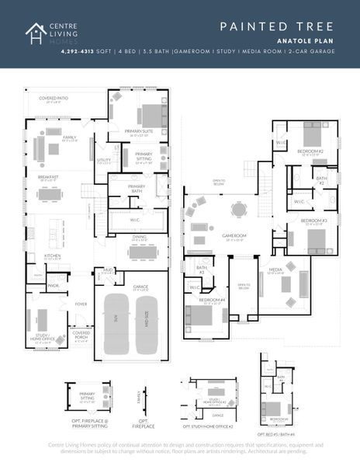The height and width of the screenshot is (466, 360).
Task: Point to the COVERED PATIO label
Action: coord(54,99)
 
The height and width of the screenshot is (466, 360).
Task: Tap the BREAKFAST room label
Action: coord(49,177)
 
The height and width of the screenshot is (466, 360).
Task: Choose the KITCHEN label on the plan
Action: coord(52,256)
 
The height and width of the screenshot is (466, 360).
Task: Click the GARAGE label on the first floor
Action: coord(140,287)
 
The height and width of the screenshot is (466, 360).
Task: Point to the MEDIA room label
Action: coord(275,271)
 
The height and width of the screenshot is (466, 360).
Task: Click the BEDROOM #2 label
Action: coord(310,151)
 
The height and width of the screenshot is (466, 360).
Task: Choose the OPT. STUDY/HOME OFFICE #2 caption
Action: coord(207,426)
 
